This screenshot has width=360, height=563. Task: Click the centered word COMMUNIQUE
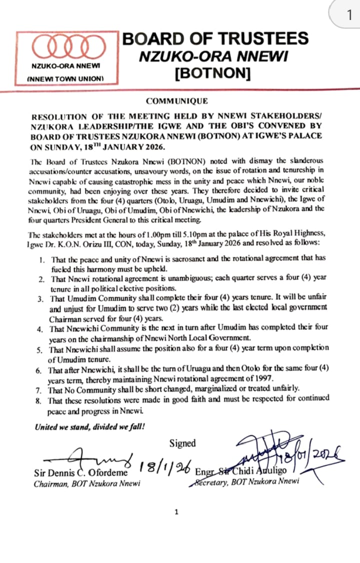point(177,101)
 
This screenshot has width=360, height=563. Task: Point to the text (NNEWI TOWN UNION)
point(65,79)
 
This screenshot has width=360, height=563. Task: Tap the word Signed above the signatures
point(182,443)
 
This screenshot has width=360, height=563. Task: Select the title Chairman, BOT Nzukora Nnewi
point(86,483)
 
